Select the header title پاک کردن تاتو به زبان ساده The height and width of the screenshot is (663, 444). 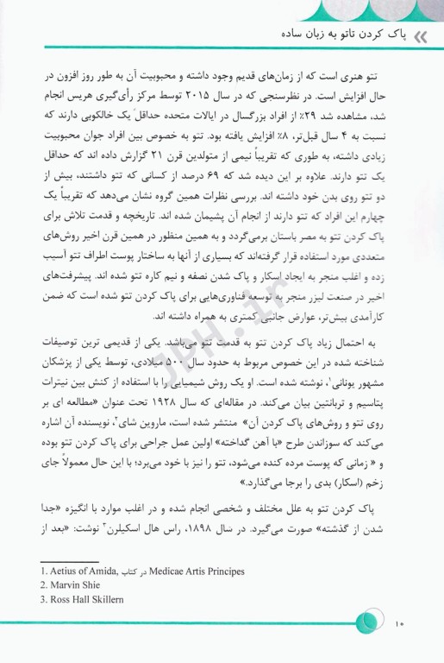[337, 37]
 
